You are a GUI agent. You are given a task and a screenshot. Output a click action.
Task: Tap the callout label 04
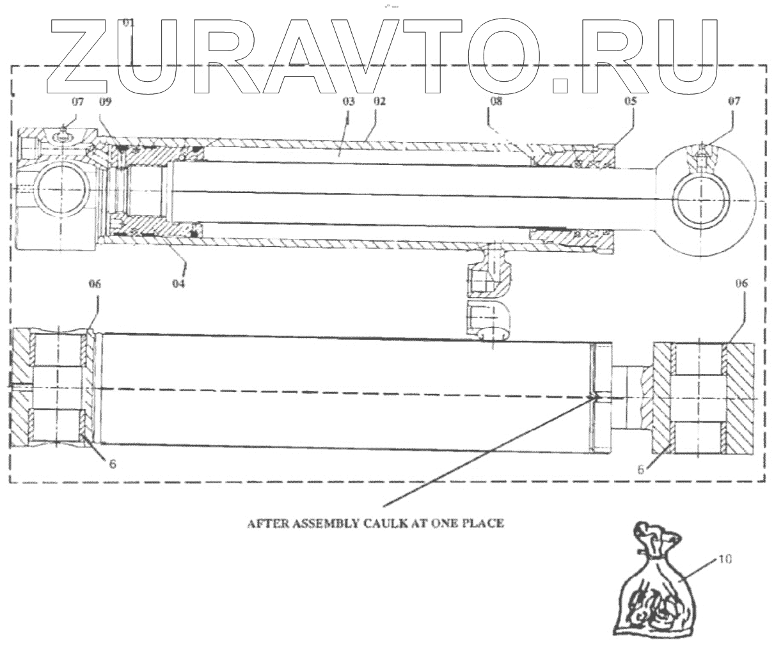(x=178, y=282)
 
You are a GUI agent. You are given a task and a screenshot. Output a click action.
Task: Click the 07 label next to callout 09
(x=76, y=101)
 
